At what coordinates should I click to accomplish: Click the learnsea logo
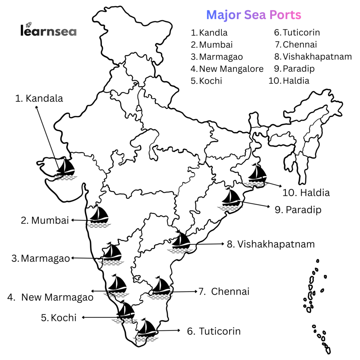click(48, 31)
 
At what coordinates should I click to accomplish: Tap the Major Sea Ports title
click(253, 15)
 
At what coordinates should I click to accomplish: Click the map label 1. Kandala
click(39, 98)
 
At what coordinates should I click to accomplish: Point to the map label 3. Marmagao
click(41, 259)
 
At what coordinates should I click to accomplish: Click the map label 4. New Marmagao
click(50, 297)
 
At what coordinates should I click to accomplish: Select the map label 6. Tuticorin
click(214, 331)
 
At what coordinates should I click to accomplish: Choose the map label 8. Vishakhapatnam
click(271, 244)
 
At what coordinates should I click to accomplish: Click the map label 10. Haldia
click(306, 193)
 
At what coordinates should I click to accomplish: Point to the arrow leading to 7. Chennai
click(184, 291)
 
